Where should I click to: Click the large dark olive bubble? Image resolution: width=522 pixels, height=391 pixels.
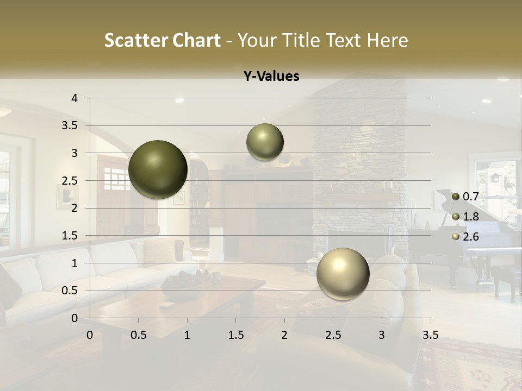158,169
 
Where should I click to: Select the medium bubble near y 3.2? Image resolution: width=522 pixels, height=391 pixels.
265,142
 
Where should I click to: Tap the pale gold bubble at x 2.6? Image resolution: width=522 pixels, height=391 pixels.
343,274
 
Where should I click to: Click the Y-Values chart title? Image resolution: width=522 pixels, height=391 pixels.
271,77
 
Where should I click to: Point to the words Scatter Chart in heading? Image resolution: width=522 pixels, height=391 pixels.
162,40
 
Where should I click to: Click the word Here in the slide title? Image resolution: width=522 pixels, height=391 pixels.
387,40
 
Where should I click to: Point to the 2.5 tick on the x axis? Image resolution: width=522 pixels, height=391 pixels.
333,335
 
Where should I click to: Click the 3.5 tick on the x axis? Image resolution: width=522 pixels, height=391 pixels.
430,335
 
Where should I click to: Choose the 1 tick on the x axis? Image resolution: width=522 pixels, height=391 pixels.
187,335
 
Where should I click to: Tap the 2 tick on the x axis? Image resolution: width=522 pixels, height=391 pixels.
284,335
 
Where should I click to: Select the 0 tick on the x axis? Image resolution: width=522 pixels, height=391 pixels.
90,335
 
